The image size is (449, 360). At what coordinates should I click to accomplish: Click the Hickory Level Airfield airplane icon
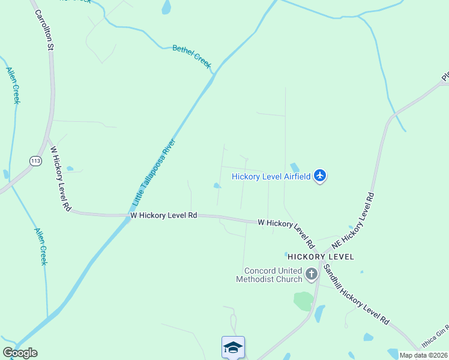(320, 176)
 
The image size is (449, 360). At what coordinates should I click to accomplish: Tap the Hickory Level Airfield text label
(271, 176)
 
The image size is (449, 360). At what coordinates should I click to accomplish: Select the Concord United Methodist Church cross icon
(312, 275)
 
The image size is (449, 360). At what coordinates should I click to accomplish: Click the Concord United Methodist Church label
(269, 275)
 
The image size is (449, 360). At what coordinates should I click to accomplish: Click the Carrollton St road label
(44, 29)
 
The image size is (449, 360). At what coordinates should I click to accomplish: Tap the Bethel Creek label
(192, 56)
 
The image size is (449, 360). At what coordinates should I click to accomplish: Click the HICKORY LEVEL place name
(321, 256)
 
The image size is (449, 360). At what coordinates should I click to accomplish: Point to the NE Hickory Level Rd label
(353, 220)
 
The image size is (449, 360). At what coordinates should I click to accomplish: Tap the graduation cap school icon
(233, 347)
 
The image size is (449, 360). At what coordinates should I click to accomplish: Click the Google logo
(20, 353)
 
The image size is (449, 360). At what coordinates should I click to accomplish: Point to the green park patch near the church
(304, 301)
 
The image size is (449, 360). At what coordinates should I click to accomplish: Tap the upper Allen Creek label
(14, 85)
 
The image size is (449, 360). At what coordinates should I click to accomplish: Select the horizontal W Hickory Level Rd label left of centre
(164, 215)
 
